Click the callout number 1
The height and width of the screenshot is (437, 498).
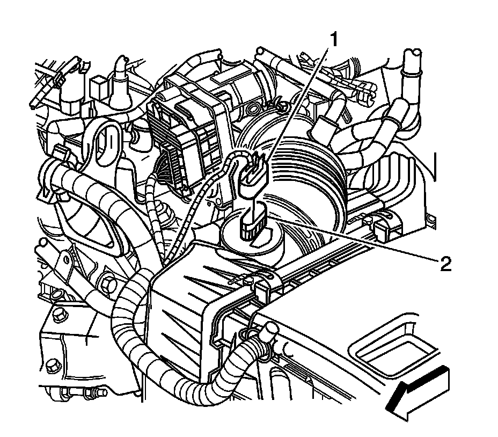(x=334, y=39)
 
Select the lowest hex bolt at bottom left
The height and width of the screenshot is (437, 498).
(x=52, y=367)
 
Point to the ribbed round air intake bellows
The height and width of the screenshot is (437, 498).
(x=311, y=177)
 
